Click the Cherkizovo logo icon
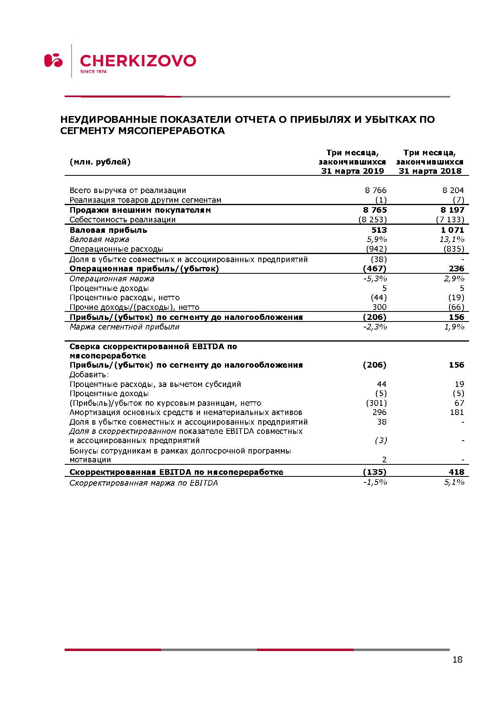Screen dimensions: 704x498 pos(53,60)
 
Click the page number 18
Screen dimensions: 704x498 pos(457,659)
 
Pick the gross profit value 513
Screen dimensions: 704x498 pos(379,230)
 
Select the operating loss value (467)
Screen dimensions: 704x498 pos(374,269)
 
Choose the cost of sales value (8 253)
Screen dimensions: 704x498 pos(373,220)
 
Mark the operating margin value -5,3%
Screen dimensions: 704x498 pos(375,279)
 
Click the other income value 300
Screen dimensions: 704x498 pos(380,307)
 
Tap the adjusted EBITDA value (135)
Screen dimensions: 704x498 pos(374,472)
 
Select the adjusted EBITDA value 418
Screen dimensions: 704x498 pos(457,472)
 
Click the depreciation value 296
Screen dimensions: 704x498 pos(380,412)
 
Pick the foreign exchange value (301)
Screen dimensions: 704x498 pos(376,403)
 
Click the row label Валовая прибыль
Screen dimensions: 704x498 pos(108,230)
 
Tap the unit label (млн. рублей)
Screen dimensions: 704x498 pos(100,162)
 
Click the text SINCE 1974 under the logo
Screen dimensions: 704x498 pos(93,72)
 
